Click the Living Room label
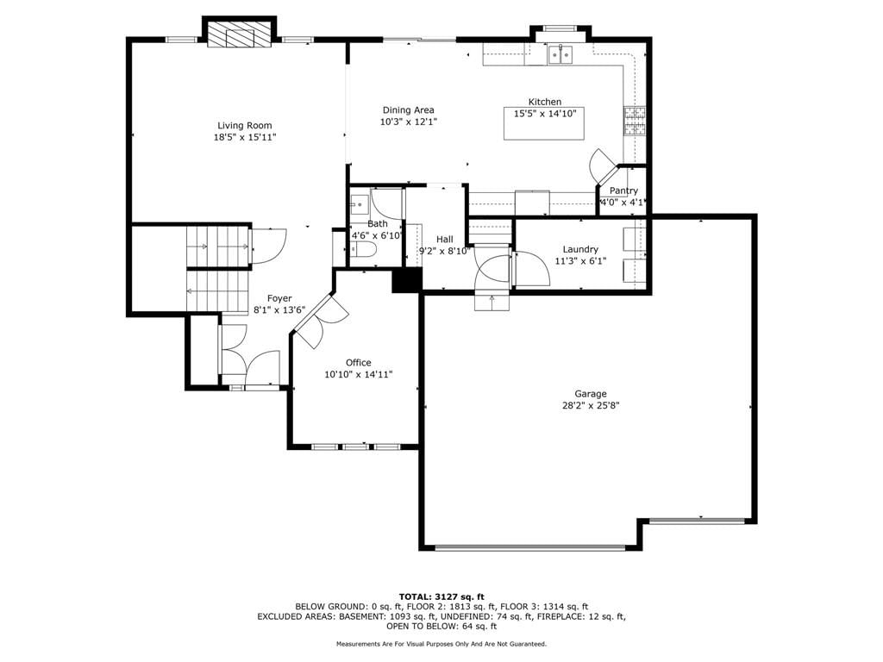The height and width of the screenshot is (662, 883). pos(244,126)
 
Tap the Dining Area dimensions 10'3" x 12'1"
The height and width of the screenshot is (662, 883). pos(408,122)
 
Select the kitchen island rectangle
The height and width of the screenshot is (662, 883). pos(544,123)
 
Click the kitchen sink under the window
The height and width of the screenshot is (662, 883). pos(560,54)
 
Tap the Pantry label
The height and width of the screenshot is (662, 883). pos(623,190)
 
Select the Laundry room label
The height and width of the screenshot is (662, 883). pos(580,249)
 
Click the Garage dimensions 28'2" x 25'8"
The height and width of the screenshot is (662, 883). pos(591,405)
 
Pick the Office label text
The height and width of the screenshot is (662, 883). pos(358,363)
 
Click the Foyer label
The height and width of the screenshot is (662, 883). pos(279,298)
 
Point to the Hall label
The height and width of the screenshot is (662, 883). pos(444,240)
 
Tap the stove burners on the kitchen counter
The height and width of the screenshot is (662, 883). pos(635,121)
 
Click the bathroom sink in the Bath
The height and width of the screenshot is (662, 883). pos(359,205)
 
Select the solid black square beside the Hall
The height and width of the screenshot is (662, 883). pos(407,280)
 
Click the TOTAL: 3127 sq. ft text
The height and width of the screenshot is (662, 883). pos(441,596)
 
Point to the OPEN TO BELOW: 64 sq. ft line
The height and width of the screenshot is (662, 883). pos(441,626)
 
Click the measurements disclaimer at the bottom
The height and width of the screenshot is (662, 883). pos(441,644)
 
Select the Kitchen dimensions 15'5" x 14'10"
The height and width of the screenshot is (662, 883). pos(545,113)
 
